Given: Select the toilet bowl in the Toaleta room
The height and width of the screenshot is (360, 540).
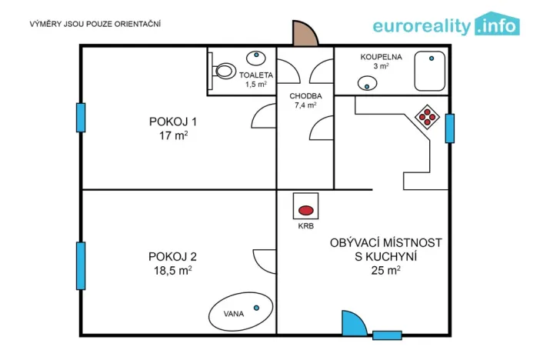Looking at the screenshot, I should tap(223, 72).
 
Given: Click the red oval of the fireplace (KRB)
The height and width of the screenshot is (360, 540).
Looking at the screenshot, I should tap(305, 209).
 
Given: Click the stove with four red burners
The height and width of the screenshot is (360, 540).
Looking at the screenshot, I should tap(426, 117).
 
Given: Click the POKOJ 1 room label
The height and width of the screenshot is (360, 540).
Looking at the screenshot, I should tap(173, 121).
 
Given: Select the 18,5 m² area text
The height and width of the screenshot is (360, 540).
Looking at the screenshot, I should tap(173, 271).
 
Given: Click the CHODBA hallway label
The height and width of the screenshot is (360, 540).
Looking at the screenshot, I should tap(305, 96).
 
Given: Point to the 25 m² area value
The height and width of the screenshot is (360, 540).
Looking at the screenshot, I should tap(385, 270).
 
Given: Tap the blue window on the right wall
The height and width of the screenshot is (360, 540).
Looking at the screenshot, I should tap(450, 128).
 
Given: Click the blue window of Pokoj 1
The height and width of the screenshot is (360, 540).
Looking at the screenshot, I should tap(80, 118).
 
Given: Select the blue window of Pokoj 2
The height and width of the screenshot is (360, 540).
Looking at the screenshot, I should tap(80, 265).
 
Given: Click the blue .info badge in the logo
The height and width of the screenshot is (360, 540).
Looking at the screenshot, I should tap(497, 25).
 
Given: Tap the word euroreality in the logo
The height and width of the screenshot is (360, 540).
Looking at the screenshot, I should tap(422, 26).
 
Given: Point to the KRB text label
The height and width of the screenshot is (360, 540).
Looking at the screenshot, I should tap(305, 227).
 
